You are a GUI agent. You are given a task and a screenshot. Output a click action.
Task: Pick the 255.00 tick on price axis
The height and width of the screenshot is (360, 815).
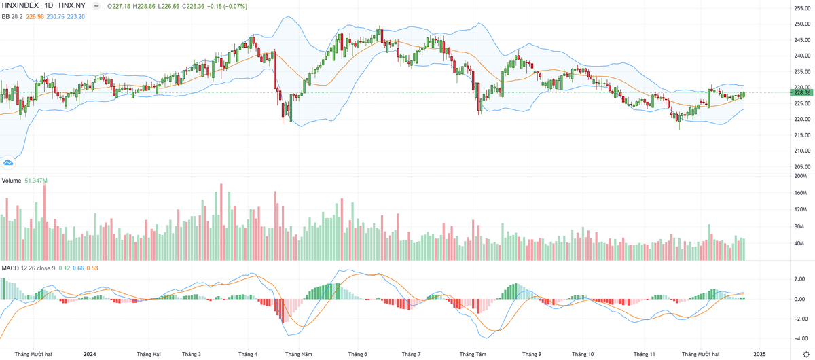[x=802, y=8]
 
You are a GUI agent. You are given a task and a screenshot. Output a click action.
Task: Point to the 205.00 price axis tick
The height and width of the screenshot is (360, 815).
[x=802, y=166]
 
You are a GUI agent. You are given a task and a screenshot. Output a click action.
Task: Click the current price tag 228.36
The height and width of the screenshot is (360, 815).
[x=802, y=92]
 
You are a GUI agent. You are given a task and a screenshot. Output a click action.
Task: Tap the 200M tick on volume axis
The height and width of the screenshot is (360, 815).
[x=801, y=175]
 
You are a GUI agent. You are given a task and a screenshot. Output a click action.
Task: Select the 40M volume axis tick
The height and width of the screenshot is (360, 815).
[x=801, y=243]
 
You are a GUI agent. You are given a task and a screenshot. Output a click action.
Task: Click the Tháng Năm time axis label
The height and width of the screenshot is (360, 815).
[x=299, y=354]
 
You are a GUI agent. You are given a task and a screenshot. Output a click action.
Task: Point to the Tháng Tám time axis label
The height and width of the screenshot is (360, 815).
[x=473, y=354]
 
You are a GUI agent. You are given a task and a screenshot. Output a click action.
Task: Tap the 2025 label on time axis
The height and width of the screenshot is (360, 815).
[x=759, y=354]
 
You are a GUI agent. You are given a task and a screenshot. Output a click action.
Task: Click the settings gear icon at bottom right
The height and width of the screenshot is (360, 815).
[x=805, y=354]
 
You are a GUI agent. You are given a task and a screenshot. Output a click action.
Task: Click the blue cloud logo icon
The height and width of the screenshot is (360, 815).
[x=9, y=162]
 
